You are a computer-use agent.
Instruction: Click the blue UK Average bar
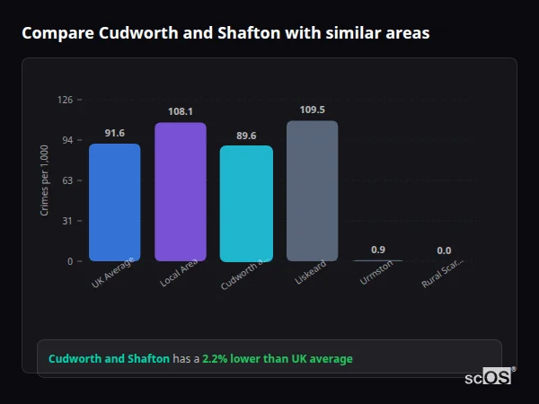(114, 202)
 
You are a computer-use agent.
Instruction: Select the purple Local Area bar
(180, 192)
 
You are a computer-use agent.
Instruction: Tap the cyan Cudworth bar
(246, 204)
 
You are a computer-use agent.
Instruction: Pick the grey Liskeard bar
(312, 191)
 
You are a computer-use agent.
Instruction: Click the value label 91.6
(114, 133)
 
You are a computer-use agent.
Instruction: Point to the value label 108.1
(180, 112)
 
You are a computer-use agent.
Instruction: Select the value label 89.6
(246, 136)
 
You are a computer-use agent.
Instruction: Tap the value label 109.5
(312, 110)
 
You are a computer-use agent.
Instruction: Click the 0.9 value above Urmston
(378, 250)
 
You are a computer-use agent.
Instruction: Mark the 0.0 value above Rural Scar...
(444, 250)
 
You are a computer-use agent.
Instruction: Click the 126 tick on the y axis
(65, 100)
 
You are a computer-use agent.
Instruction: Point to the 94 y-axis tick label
(67, 140)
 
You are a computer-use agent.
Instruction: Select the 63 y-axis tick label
(67, 180)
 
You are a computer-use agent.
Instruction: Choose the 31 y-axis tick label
(67, 221)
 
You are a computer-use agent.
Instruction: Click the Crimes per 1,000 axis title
(45, 180)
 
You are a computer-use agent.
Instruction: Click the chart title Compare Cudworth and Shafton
(225, 33)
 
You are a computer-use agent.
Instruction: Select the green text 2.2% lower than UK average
(277, 358)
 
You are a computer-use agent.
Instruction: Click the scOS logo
(488, 377)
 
